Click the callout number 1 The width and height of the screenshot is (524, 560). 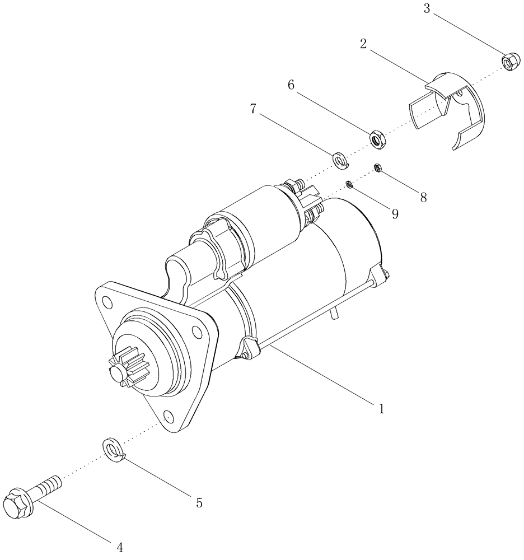(381, 409)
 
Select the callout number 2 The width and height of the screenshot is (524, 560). (363, 44)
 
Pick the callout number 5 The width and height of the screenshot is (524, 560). (199, 503)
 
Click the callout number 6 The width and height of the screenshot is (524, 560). (291, 85)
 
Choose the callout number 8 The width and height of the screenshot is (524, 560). (423, 197)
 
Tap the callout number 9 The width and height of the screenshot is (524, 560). (395, 213)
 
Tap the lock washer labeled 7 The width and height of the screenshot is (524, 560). (340, 160)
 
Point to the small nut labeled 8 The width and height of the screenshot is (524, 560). (378, 167)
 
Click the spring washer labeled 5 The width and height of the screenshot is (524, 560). (114, 451)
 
